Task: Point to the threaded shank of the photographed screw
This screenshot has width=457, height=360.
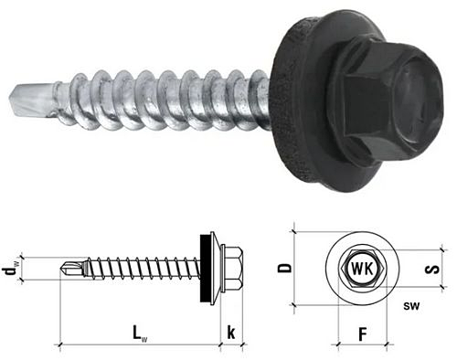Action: tap(155, 100)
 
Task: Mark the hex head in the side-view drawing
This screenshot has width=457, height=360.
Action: tap(231, 268)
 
